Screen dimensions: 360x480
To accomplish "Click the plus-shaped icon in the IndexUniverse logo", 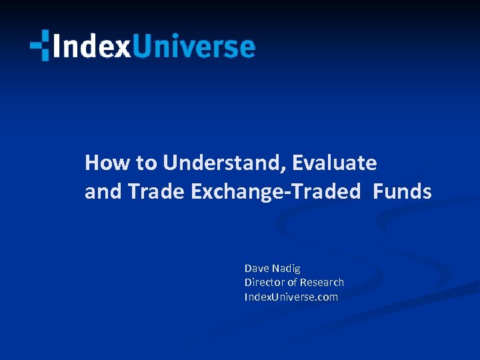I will point(39,45).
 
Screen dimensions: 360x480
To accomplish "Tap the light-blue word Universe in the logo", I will point(193,47).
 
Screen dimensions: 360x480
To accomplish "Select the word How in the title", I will point(101,163).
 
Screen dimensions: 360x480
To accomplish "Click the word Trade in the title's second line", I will point(157,192).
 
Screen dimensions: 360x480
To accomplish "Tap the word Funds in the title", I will point(402,192).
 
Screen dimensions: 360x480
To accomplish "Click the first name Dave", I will point(256,268).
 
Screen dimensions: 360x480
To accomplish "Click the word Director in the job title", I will point(265,283).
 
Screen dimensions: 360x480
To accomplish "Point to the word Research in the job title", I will point(322,283).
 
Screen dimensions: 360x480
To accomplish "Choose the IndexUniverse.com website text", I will point(291,297).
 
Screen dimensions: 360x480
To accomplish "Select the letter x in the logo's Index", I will point(121,48).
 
